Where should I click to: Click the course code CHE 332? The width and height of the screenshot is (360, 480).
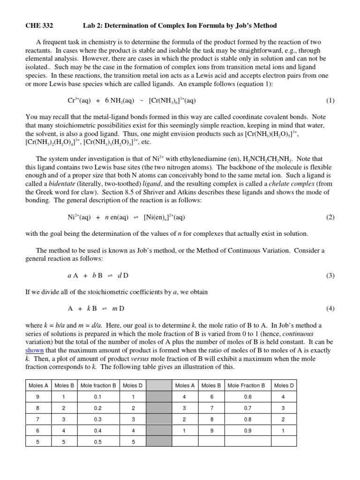(37, 25)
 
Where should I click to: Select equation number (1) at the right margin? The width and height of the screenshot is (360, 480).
(330, 100)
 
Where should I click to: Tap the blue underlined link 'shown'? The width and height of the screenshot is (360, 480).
(34, 350)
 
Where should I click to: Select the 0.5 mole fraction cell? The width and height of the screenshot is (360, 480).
(98, 441)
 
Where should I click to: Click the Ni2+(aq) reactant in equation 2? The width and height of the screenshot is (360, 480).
(79, 217)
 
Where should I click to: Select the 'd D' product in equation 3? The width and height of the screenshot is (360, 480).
(123, 275)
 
